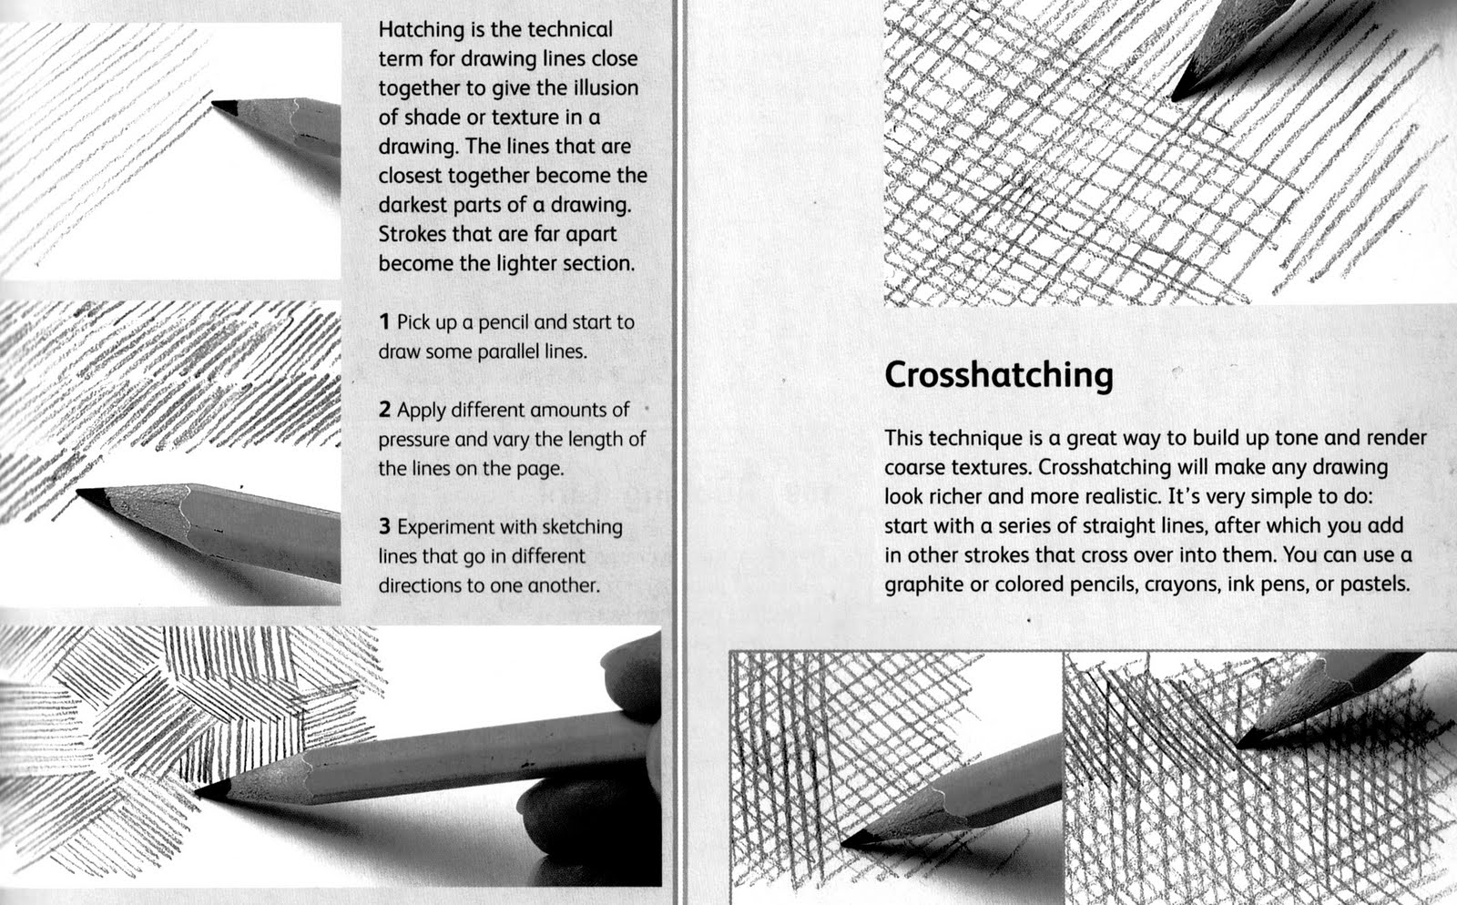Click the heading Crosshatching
coord(998,375)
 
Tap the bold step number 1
coord(385,322)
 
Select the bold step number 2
coord(385,410)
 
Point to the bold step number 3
coord(385,527)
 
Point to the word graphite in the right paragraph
coord(923,584)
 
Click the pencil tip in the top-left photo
coord(216,105)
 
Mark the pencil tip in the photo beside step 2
coord(80,493)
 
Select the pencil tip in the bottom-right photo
coord(1240,739)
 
